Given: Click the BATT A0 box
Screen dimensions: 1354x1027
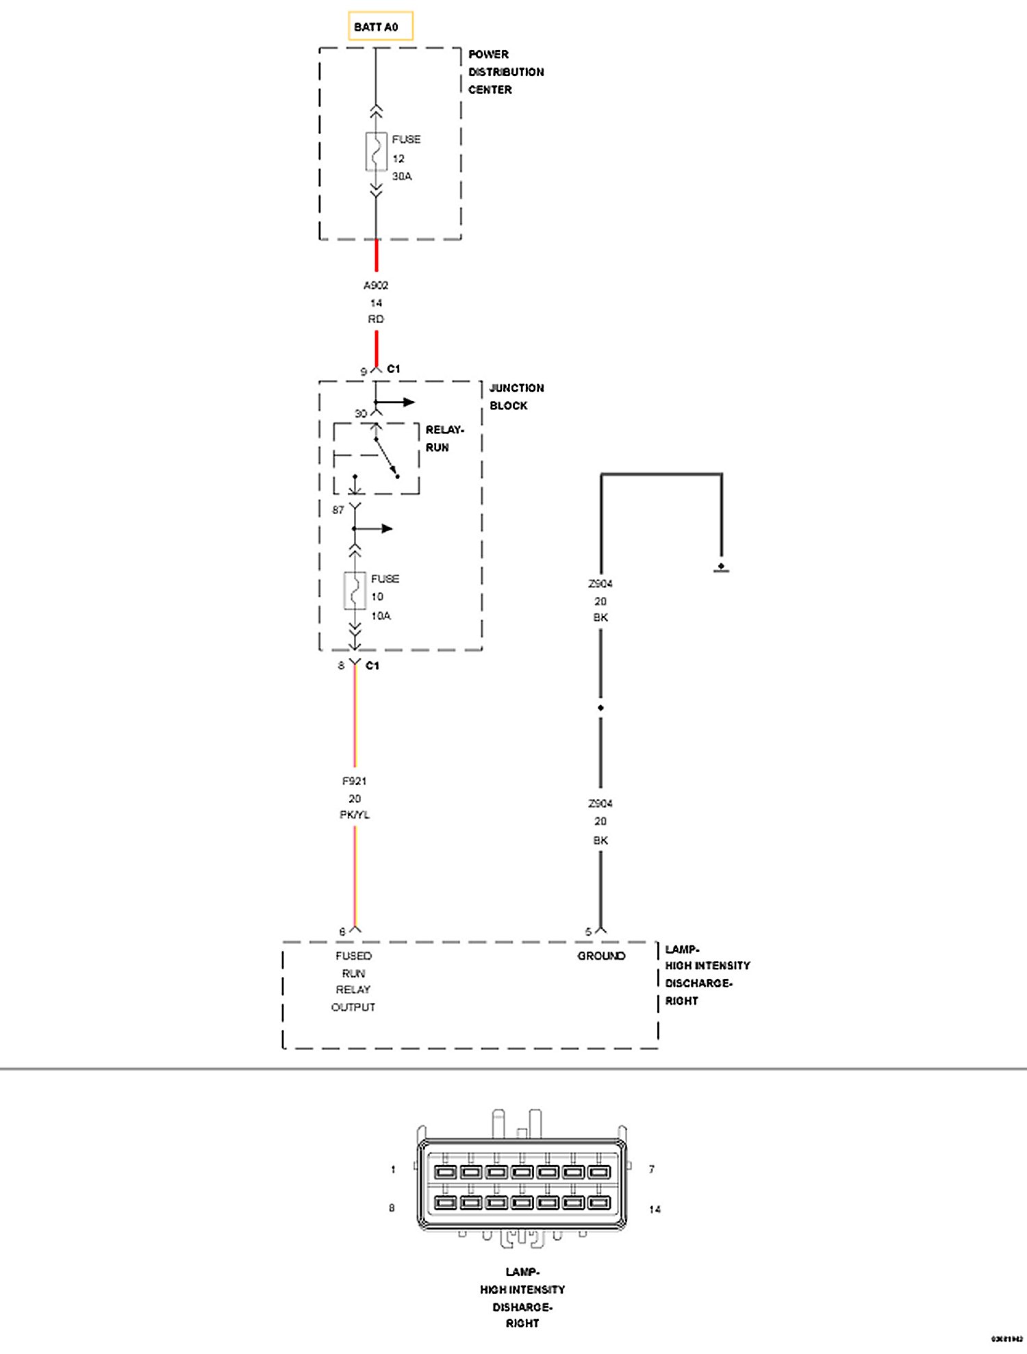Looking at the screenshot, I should [380, 27].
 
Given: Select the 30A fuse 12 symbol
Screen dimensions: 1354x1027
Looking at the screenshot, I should [376, 152].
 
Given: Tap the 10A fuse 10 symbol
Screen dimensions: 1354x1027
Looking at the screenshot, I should [355, 591].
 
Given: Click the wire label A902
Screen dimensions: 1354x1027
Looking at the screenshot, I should [376, 285].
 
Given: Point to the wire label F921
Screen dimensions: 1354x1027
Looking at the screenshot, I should [355, 781].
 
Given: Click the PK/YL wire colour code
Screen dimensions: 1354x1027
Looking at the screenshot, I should [355, 815].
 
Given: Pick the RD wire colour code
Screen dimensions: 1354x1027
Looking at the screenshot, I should [376, 319].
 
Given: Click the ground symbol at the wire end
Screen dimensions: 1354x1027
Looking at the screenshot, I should [721, 567].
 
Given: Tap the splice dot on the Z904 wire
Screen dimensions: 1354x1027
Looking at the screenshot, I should [600, 708].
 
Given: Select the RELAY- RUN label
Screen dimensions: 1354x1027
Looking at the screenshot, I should [444, 438].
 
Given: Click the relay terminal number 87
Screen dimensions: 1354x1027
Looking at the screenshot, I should [338, 510].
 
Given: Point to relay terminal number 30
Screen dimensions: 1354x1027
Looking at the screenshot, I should [361, 413].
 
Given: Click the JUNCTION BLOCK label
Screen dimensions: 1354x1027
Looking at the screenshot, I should [516, 397].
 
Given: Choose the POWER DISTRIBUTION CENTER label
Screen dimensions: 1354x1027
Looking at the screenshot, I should [505, 72].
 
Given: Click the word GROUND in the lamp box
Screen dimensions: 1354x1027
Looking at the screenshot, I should [601, 956].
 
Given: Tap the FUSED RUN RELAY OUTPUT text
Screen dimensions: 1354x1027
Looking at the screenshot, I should [354, 982].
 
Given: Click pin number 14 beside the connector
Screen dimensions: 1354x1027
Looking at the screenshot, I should [655, 1210].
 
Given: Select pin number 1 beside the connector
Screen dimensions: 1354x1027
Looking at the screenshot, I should [393, 1169].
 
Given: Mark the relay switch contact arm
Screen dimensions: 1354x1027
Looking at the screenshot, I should [386, 457].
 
